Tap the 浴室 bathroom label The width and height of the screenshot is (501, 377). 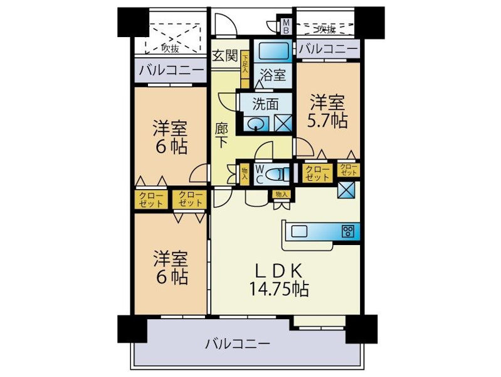pos(273,75)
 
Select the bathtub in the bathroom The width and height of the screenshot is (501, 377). pos(273,50)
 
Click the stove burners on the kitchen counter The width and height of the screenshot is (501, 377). pos(347,231)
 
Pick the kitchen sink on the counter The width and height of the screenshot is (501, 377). pos(299,231)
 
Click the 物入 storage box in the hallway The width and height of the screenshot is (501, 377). pos(244,174)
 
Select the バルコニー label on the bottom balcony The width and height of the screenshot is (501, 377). pos(238,344)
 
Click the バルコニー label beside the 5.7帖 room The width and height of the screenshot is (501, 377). pos(327,48)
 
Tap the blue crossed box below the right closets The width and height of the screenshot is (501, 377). pos(347,189)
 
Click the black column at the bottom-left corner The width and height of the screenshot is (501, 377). pos(131,328)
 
